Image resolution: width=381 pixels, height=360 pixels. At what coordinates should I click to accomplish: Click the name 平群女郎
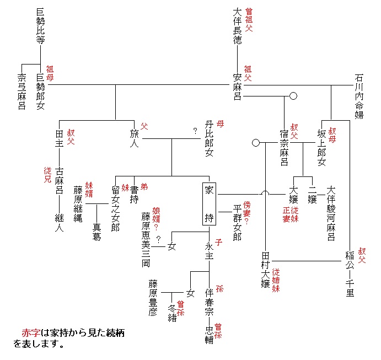[x=238, y=222]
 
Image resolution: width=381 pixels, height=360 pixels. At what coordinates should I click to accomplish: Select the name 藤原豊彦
[x=153, y=298]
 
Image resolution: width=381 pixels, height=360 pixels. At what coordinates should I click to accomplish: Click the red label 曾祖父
[x=249, y=19]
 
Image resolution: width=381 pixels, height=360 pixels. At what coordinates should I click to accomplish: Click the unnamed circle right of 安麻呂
[x=294, y=96]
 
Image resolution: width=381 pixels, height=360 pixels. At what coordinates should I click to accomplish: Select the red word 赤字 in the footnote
[x=31, y=334]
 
